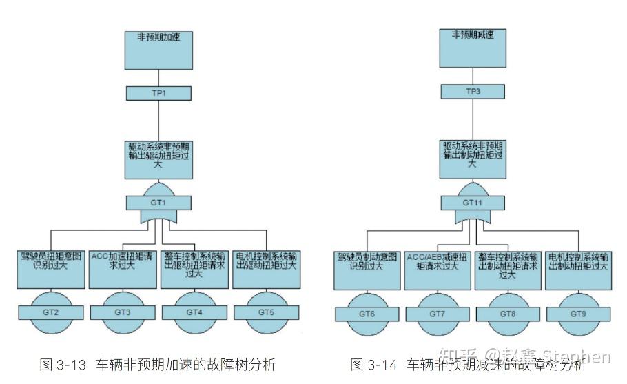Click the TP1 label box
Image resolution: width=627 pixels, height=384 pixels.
click(x=158, y=93)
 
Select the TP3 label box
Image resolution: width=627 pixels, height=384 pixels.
click(x=472, y=92)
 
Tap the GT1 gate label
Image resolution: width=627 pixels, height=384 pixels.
click(x=158, y=203)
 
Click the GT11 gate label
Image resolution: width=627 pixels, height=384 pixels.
click(x=472, y=203)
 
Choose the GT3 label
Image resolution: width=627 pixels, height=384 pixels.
click(x=122, y=312)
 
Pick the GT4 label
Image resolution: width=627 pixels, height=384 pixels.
click(x=194, y=312)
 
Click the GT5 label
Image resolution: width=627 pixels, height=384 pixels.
click(x=266, y=312)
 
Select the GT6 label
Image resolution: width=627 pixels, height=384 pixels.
click(x=367, y=314)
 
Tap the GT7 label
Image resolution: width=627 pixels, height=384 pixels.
click(x=438, y=314)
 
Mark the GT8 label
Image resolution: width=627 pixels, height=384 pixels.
click(x=508, y=314)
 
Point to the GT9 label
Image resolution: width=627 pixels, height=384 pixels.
click(x=577, y=314)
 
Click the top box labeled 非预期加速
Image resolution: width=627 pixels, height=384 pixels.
click(x=158, y=48)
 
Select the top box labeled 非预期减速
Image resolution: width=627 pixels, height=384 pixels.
click(x=472, y=46)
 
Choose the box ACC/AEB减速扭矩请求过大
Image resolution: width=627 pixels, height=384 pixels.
click(x=438, y=271)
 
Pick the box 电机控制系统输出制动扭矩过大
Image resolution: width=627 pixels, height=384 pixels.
click(x=577, y=271)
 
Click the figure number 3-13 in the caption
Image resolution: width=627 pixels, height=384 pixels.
click(x=72, y=364)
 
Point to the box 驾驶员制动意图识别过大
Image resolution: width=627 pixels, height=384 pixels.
click(x=367, y=271)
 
